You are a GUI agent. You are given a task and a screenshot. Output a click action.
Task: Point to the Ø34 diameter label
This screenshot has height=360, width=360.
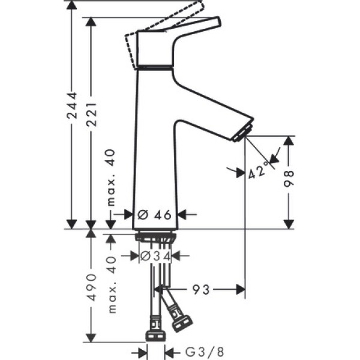click(156, 256)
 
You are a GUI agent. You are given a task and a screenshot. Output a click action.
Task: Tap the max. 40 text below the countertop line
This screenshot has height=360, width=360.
click(112, 284)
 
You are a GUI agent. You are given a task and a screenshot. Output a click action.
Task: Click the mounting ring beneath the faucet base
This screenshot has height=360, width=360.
click(155, 237)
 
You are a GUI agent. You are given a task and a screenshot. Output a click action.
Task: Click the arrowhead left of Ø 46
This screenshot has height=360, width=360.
click(128, 214)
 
